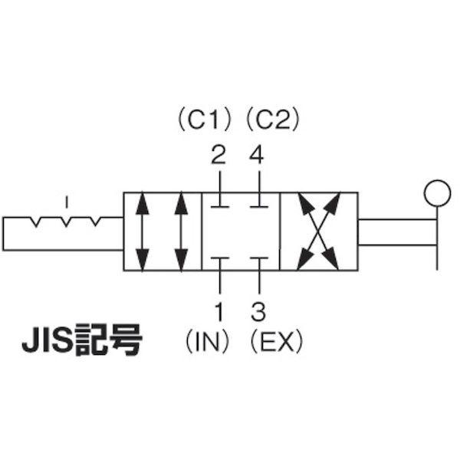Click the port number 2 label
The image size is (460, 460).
[219, 155]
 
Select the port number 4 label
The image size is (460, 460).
[256, 155]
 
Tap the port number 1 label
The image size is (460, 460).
[219, 311]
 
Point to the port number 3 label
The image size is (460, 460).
[258, 311]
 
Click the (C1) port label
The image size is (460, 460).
[205, 120]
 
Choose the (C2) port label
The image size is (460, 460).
[273, 120]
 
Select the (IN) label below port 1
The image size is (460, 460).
[207, 342]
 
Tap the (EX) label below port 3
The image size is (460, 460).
[276, 342]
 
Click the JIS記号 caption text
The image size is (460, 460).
[83, 340]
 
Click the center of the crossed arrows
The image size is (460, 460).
[319, 232]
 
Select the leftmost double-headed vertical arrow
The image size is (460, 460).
[143, 232]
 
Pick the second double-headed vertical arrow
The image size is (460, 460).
[181, 232]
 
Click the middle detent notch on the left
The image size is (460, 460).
[66, 222]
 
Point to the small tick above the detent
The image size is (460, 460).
[67, 202]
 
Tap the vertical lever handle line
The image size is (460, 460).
[437, 238]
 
